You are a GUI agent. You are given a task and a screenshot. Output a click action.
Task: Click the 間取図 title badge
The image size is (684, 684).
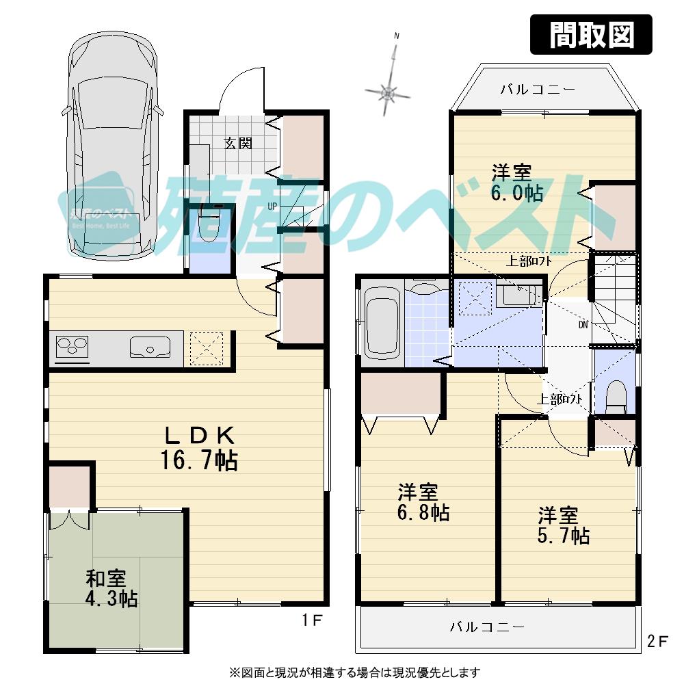(591, 34)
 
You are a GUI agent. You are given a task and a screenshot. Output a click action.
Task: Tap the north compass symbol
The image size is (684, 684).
(389, 91)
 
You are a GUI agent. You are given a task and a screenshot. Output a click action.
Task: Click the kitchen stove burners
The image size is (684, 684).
(71, 347)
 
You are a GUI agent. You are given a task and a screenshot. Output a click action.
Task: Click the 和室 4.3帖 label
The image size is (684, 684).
(111, 589)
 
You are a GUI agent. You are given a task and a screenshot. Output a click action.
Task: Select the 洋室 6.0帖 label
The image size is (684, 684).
(516, 182)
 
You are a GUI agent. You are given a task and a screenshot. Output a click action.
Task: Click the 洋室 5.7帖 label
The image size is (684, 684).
(563, 525)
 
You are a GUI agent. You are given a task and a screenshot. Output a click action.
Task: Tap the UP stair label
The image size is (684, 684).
(272, 205)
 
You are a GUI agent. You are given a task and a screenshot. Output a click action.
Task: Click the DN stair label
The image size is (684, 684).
(583, 324)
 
